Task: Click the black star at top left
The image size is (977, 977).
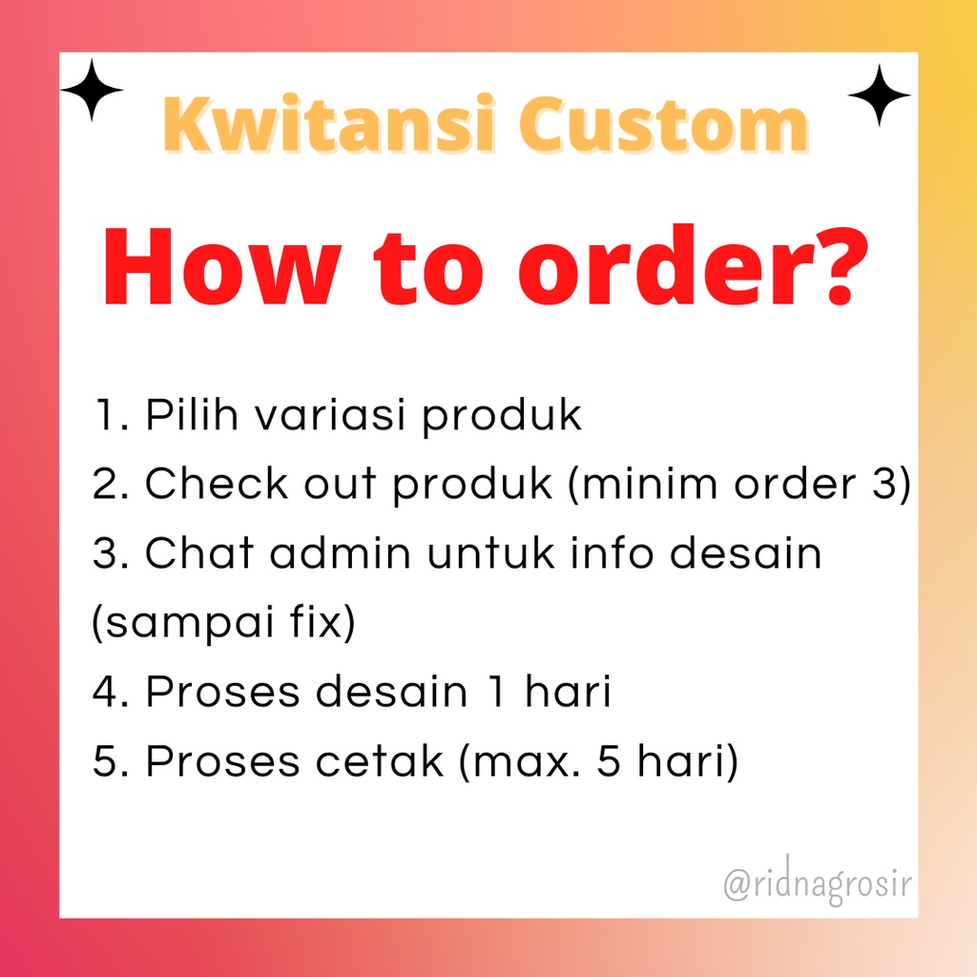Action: (92, 91)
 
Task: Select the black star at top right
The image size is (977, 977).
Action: (879, 95)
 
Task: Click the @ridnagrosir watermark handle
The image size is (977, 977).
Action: (817, 883)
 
